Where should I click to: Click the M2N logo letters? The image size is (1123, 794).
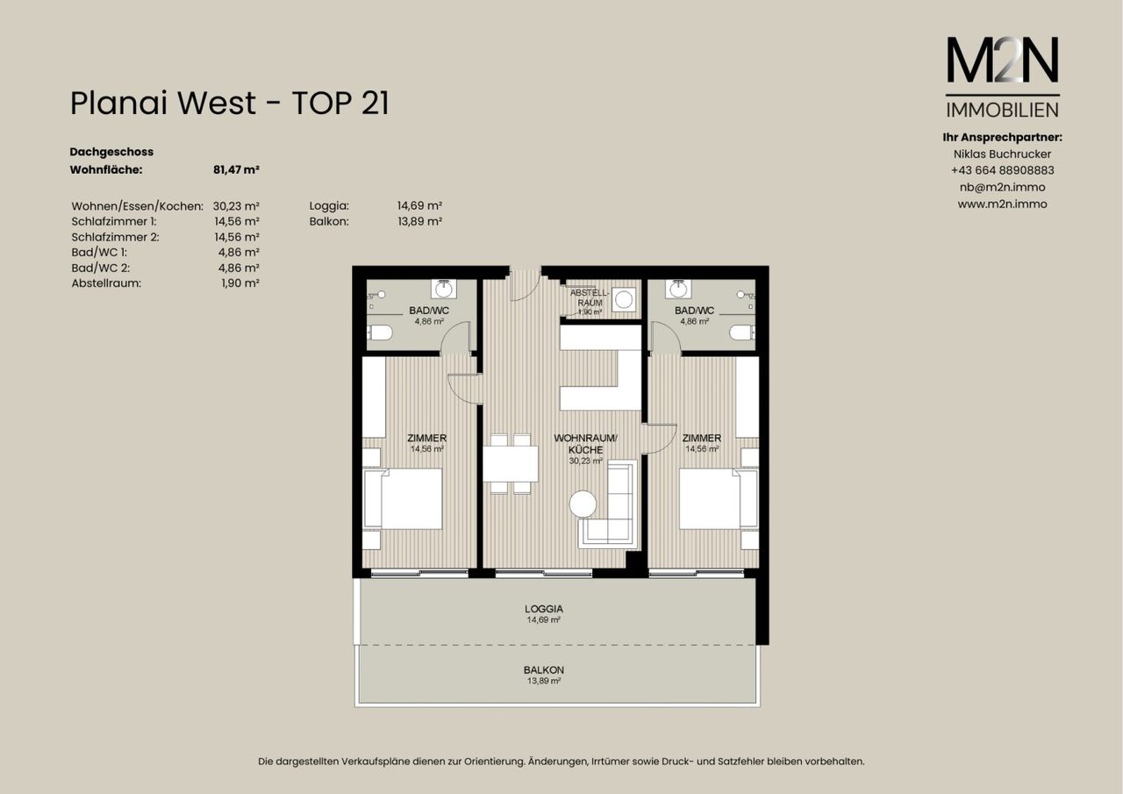pyautogui.click(x=1002, y=60)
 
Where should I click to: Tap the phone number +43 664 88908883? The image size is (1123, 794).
pyautogui.click(x=1002, y=170)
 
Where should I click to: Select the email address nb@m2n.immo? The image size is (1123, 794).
pyautogui.click(x=1002, y=188)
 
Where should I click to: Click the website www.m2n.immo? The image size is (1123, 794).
pyautogui.click(x=1002, y=204)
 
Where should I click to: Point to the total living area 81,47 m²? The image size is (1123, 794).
pyautogui.click(x=236, y=170)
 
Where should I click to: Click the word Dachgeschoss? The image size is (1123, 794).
pyautogui.click(x=111, y=152)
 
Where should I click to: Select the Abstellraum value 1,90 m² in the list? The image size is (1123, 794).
pyautogui.click(x=240, y=283)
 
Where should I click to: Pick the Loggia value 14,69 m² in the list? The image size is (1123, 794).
pyautogui.click(x=419, y=205)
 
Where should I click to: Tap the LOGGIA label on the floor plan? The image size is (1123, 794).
pyautogui.click(x=544, y=609)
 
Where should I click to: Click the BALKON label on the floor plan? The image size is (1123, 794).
pyautogui.click(x=544, y=670)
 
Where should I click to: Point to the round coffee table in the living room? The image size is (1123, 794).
pyautogui.click(x=583, y=504)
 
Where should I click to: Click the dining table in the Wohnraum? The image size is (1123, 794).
pyautogui.click(x=511, y=463)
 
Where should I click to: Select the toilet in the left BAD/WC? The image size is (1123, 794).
pyautogui.click(x=380, y=333)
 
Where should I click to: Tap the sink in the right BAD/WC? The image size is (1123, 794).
pyautogui.click(x=679, y=290)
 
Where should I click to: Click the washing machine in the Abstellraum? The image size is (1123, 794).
pyautogui.click(x=624, y=300)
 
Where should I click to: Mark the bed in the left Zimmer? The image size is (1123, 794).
pyautogui.click(x=403, y=498)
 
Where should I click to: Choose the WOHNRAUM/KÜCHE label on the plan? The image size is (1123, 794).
pyautogui.click(x=585, y=444)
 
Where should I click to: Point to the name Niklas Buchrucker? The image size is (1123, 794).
pyautogui.click(x=1002, y=154)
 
